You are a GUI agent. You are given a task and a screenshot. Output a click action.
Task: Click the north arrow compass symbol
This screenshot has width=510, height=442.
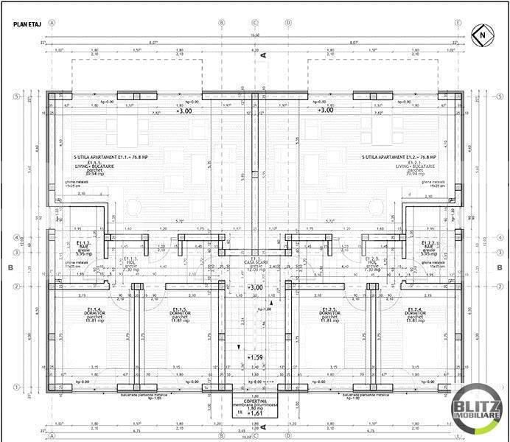point(479,33)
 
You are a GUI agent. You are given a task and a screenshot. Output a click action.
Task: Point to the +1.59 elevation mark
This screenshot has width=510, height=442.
point(255,358)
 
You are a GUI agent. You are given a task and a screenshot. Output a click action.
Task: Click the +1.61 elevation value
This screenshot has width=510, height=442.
point(255,414)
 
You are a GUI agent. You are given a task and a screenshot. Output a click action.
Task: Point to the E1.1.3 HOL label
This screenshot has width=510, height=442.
point(131,259)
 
